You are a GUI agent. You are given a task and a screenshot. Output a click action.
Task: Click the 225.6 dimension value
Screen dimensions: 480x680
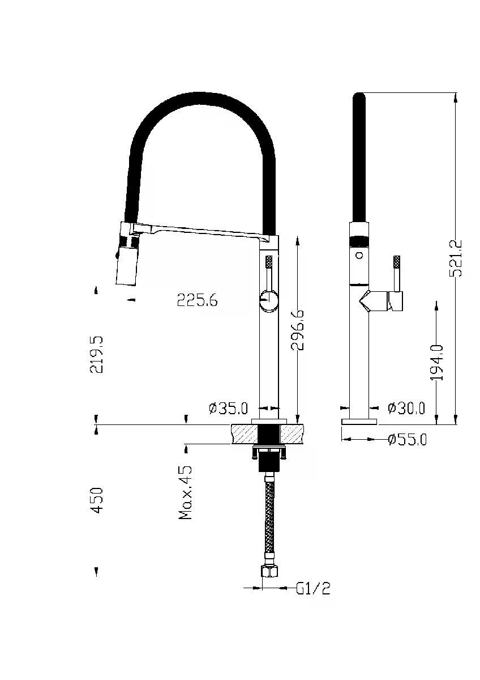click(197, 300)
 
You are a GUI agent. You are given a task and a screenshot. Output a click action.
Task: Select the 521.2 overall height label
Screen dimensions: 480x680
click(455, 258)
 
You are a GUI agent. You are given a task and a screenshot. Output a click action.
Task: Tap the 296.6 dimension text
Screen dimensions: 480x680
click(297, 330)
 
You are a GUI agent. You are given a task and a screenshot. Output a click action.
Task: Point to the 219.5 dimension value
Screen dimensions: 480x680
click(96, 355)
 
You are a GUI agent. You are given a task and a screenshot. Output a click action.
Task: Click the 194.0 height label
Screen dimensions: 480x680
click(436, 363)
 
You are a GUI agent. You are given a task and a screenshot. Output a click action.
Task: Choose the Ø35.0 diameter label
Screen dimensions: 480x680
click(228, 409)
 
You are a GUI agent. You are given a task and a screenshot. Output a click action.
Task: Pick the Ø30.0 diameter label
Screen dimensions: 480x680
click(406, 408)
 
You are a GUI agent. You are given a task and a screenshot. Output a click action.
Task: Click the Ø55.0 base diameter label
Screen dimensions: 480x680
click(407, 439)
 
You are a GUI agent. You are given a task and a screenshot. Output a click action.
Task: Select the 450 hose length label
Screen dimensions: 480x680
click(97, 500)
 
